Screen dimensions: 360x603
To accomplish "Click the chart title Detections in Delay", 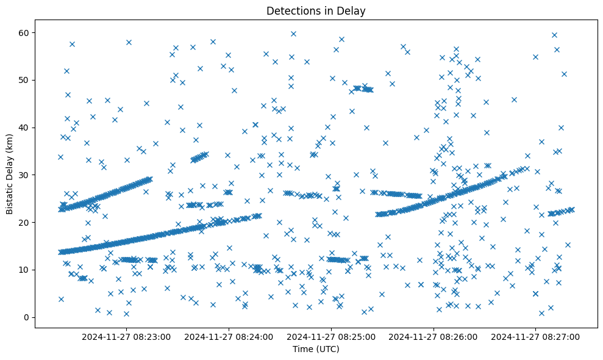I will coord(316,10).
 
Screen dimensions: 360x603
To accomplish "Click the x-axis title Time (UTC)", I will coord(316,350).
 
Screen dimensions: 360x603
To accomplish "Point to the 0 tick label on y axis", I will coord(27,317).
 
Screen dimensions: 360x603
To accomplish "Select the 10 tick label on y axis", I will coord(24,270).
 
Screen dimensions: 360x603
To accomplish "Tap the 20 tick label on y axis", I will coord(24,222).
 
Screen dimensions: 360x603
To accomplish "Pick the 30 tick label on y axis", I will coord(24,175).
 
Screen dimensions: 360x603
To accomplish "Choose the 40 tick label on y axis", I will coord(24,128).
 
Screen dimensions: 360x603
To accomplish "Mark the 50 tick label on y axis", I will coord(24,80).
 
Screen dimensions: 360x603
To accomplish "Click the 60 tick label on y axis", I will coord(24,32).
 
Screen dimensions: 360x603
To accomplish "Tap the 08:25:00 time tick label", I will coord(332,336).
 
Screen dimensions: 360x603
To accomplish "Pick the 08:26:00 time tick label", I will coord(434,336).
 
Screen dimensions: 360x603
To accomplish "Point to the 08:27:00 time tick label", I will coord(536,336).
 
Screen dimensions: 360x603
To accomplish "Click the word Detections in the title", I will coord(291,10).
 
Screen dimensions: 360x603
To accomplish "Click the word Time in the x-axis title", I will coord(302,350).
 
